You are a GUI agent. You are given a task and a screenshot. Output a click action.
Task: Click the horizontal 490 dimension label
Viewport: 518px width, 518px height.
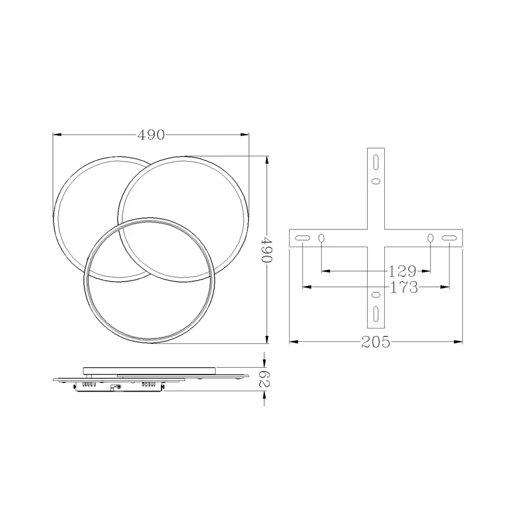click(151, 135)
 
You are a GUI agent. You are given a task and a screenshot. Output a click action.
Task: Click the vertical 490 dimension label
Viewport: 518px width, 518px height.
click(267, 249)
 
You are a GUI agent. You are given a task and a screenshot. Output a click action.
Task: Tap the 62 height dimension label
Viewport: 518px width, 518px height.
click(264, 379)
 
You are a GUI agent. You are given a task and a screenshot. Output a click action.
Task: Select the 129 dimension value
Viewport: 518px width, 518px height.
click(402, 271)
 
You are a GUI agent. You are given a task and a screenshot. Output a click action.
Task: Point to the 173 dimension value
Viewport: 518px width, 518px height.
click(404, 287)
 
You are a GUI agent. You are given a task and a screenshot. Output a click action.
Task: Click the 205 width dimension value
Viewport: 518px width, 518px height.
click(376, 342)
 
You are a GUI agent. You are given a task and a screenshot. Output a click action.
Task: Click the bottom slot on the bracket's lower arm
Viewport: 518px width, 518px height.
click(376, 314)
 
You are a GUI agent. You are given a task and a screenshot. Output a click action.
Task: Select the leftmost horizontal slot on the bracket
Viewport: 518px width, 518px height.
click(303, 238)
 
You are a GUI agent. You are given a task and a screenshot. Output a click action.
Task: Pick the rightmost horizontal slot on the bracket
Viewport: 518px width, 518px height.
click(449, 238)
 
